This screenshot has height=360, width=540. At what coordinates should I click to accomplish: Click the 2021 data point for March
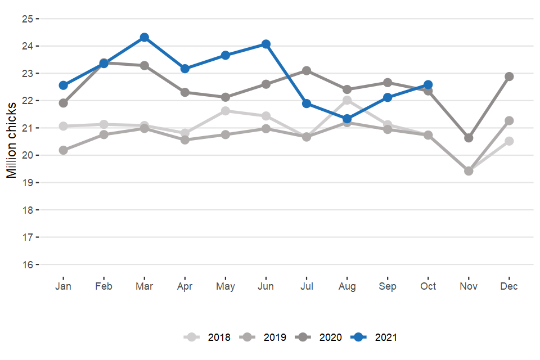click(145, 38)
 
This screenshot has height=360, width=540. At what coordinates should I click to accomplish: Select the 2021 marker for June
click(266, 44)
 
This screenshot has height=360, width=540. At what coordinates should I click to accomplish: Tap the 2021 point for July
click(307, 103)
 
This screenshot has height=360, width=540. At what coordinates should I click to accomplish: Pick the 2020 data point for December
click(509, 76)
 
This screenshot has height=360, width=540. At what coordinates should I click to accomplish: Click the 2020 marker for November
click(469, 138)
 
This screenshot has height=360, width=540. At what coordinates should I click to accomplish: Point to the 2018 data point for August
click(347, 100)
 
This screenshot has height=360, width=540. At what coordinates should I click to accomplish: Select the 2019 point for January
click(64, 150)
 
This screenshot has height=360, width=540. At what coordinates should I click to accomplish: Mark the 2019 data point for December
click(509, 120)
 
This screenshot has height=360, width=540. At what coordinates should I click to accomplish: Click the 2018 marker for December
click(509, 141)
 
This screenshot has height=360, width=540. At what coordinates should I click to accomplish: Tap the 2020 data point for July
click(307, 70)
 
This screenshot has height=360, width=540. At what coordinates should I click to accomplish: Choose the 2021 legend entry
click(374, 337)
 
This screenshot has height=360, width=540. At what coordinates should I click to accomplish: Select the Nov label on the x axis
click(469, 286)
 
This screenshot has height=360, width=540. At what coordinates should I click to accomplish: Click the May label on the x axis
click(226, 286)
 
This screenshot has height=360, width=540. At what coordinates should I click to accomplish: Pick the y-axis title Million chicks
click(12, 141)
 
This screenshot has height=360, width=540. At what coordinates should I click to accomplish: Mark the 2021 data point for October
click(428, 85)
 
